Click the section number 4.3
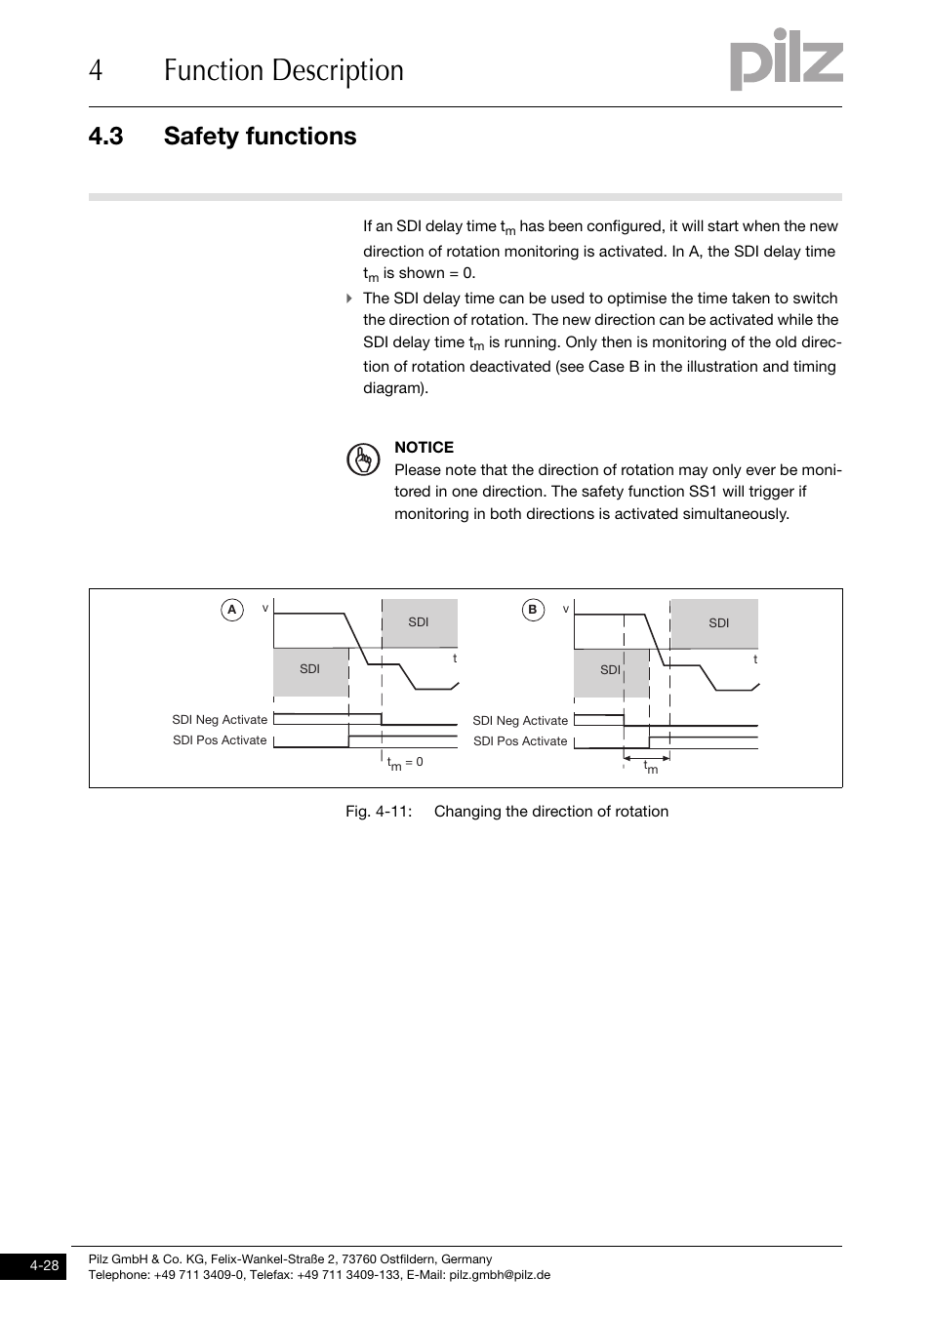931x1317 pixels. tap(105, 137)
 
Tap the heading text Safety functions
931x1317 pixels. tap(260, 137)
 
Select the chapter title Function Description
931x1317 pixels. tap(283, 71)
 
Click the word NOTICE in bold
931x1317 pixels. tap(424, 448)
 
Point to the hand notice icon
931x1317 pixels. tap(363, 459)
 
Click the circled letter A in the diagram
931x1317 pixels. tap(231, 611)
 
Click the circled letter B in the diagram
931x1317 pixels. tap(532, 611)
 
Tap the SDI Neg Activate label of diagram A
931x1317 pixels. tap(220, 720)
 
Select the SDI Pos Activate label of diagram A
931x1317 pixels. tap(220, 740)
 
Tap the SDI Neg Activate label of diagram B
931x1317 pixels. tap(520, 721)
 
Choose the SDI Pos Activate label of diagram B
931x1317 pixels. tap(520, 741)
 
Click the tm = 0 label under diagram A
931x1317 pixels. tap(405, 763)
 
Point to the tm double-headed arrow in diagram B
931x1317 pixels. tap(646, 758)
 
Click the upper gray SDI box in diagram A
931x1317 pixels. tap(419, 622)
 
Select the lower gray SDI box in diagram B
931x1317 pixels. tap(610, 671)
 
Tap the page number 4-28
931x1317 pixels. tap(44, 1266)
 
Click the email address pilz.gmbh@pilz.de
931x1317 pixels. tap(500, 1275)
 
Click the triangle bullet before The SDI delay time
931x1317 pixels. tap(349, 299)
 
